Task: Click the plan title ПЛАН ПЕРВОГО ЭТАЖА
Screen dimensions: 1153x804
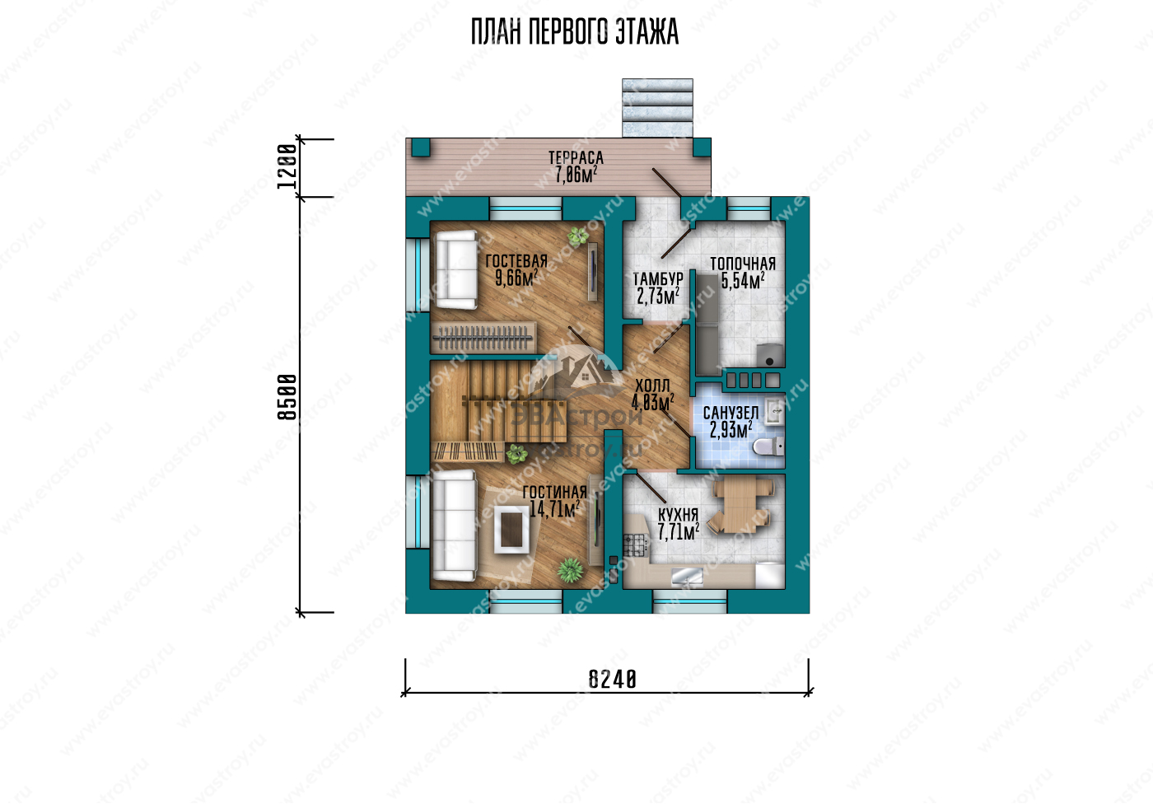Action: click(x=575, y=32)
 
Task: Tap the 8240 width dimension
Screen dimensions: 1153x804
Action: click(x=613, y=680)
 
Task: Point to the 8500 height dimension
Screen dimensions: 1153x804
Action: click(x=287, y=397)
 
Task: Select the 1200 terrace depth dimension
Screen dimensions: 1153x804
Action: click(x=287, y=166)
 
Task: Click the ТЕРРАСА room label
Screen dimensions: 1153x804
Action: click(x=576, y=157)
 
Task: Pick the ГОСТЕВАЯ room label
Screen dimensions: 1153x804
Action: click(x=516, y=261)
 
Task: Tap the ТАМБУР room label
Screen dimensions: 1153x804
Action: click(x=658, y=279)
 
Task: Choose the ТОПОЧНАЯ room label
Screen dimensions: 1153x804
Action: click(x=743, y=264)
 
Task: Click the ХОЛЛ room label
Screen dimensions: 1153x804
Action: click(x=652, y=386)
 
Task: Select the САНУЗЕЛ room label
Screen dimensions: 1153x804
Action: click(x=731, y=413)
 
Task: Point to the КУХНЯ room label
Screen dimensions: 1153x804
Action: click(x=678, y=514)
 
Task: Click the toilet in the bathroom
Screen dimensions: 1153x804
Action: click(x=768, y=446)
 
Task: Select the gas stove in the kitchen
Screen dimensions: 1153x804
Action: click(x=634, y=545)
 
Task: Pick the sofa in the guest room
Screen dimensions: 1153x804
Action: click(x=456, y=269)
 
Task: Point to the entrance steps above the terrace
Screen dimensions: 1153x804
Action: click(x=657, y=108)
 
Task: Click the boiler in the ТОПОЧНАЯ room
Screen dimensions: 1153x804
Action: click(x=770, y=355)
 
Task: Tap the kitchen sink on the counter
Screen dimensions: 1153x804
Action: click(x=687, y=577)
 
